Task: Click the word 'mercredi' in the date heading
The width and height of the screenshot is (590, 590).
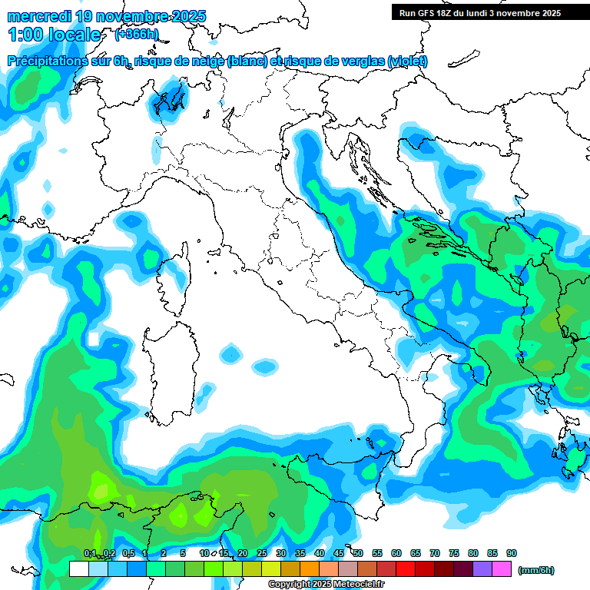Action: [41, 15]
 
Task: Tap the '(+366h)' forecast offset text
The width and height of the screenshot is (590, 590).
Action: [136, 35]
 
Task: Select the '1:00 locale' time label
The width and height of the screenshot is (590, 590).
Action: [54, 35]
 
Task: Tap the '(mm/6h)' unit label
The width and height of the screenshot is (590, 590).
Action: [535, 570]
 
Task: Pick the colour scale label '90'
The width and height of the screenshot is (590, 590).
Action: [511, 554]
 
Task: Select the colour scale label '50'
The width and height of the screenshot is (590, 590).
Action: [358, 554]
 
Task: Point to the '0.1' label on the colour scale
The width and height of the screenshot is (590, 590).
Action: [90, 554]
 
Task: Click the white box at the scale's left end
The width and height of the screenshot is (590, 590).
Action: [78, 569]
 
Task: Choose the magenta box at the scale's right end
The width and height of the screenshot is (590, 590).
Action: [502, 569]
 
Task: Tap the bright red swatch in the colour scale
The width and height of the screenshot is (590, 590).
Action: [406, 569]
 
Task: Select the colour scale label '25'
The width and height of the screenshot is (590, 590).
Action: [262, 554]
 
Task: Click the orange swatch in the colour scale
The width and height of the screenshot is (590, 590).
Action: [310, 569]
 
